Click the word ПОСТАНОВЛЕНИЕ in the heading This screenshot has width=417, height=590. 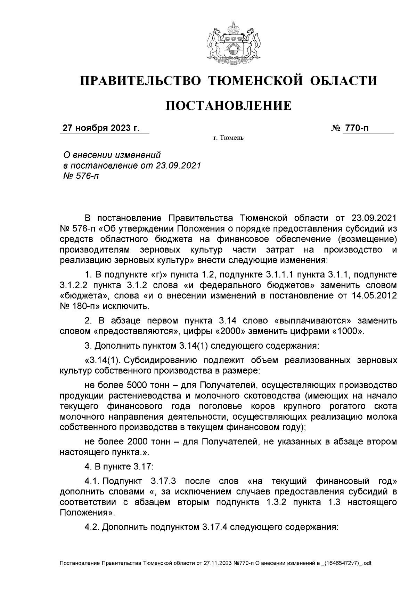(x=228, y=106)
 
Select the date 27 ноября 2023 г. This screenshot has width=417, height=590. (x=101, y=128)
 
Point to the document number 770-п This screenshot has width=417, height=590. (x=356, y=128)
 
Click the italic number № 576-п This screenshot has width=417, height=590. (x=80, y=176)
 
